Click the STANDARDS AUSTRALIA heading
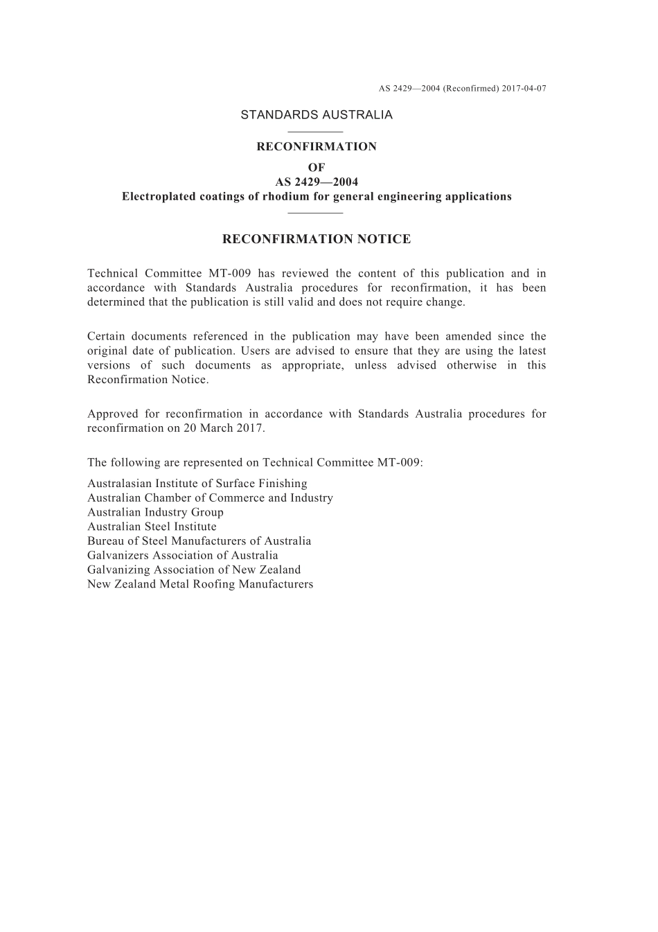coord(317,115)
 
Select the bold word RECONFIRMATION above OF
coord(317,147)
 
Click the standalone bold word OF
coord(317,168)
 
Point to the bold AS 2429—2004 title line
coord(317,182)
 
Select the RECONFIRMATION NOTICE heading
coord(317,240)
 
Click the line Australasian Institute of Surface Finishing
coord(197,484)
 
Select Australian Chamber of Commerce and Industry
coord(210,498)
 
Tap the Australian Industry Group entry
coord(155,513)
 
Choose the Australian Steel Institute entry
coord(152,527)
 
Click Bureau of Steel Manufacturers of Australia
coord(199,541)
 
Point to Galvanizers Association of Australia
coord(183,556)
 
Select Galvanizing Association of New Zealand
coord(194,570)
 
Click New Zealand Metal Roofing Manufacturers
coord(200,584)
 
